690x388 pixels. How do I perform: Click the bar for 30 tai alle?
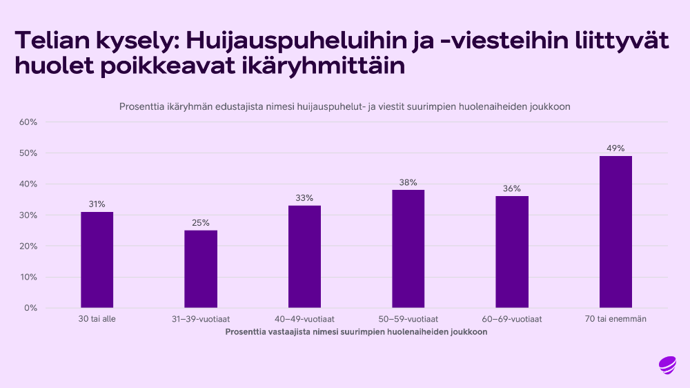pos(97,260)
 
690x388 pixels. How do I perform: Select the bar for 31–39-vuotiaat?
pos(201,269)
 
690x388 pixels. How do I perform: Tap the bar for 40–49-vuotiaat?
pos(304,257)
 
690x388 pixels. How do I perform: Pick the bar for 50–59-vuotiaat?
pos(408,249)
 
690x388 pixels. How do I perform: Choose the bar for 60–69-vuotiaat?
pos(512,252)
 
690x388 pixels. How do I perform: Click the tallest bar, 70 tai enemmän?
pos(615,232)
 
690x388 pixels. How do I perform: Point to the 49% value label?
pos(615,148)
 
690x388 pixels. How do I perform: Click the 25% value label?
pos(201,222)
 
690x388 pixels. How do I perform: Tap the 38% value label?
pos(408,182)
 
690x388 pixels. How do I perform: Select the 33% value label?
pos(304,198)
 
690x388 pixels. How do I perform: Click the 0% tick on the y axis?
pos(31,308)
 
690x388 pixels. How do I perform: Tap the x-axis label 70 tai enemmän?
pos(615,319)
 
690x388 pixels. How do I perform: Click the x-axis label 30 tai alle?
pos(97,319)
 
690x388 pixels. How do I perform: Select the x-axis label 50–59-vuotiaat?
pos(408,319)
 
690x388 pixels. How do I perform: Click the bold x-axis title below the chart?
pos(356,332)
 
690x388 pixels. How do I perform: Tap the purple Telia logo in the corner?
pos(667,364)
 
